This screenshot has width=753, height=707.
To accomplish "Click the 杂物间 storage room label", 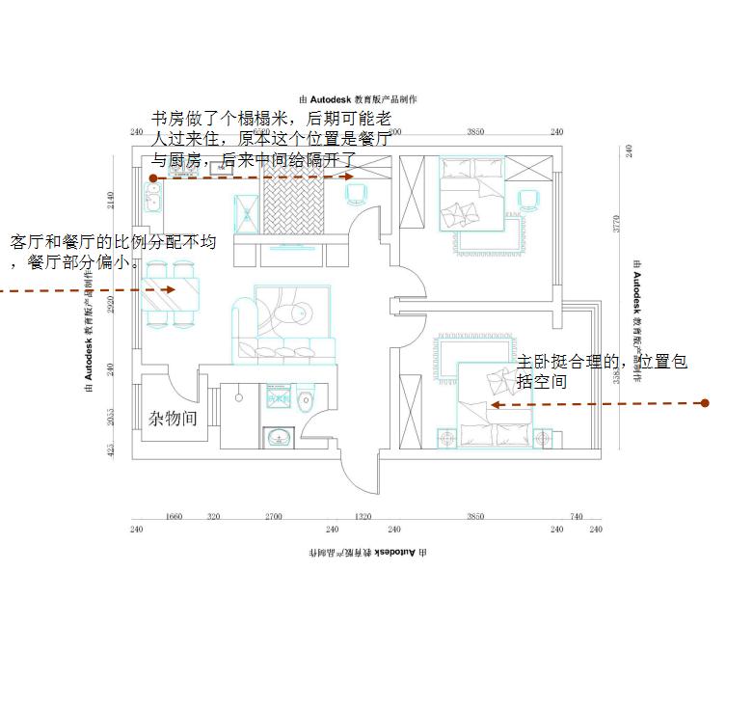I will coord(174,419).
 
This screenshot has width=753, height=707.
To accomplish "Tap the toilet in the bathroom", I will coord(305,399).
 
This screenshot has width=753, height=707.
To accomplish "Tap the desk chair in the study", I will coord(355,193).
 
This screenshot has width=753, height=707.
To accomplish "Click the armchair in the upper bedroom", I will coord(527,200).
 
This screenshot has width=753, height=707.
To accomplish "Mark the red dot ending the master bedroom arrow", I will coord(705,403).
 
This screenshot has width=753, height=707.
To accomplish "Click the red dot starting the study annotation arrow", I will coord(153,178).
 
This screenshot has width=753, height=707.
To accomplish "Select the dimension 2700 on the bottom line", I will coord(273,517).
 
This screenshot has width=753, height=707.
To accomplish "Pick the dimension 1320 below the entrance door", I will coord(363,517).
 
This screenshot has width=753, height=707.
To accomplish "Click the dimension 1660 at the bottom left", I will coord(175,517).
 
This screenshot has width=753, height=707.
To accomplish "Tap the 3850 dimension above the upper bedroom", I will coord(475,132).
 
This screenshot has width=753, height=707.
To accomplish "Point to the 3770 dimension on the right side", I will coord(618,225).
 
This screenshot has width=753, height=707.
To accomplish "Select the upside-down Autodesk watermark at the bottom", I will coord(366,554).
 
